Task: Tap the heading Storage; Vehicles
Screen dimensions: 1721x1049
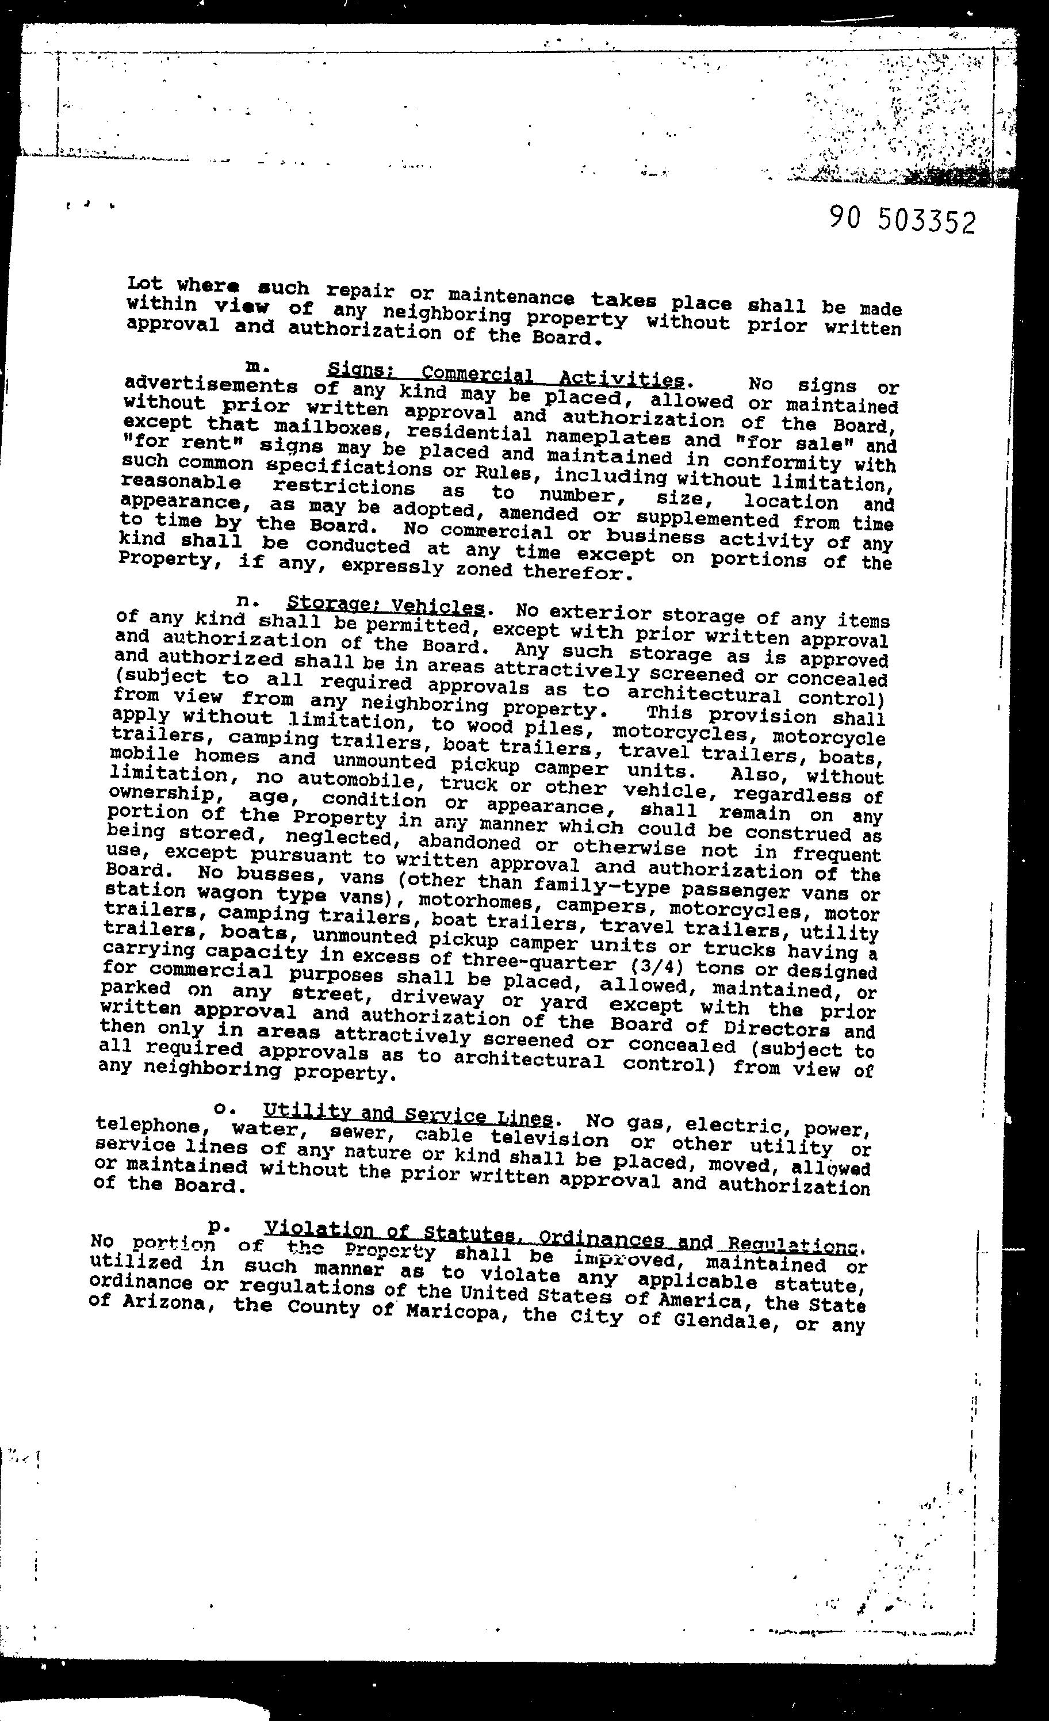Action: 385,604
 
